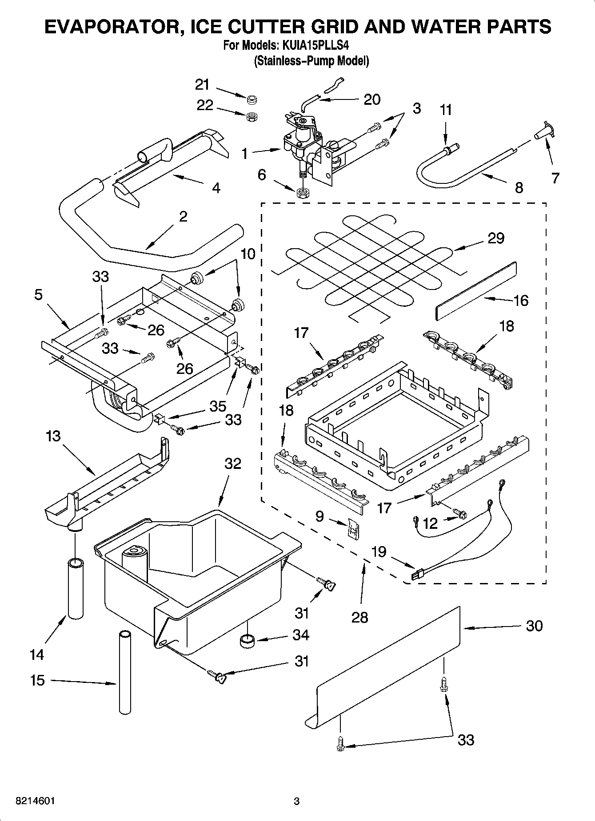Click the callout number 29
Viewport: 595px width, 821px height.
pos(496,238)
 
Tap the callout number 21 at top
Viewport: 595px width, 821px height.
pos(202,84)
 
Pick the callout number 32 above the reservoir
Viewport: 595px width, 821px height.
pos(232,463)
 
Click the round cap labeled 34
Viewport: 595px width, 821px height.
pos(246,640)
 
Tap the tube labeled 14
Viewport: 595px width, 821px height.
pos(75,589)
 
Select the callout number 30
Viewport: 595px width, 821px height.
pos(534,626)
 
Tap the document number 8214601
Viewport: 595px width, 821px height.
pos(35,801)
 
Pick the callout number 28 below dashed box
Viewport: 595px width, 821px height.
pos(359,617)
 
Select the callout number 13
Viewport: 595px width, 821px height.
pos(53,436)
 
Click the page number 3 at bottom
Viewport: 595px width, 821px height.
pos(297,801)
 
